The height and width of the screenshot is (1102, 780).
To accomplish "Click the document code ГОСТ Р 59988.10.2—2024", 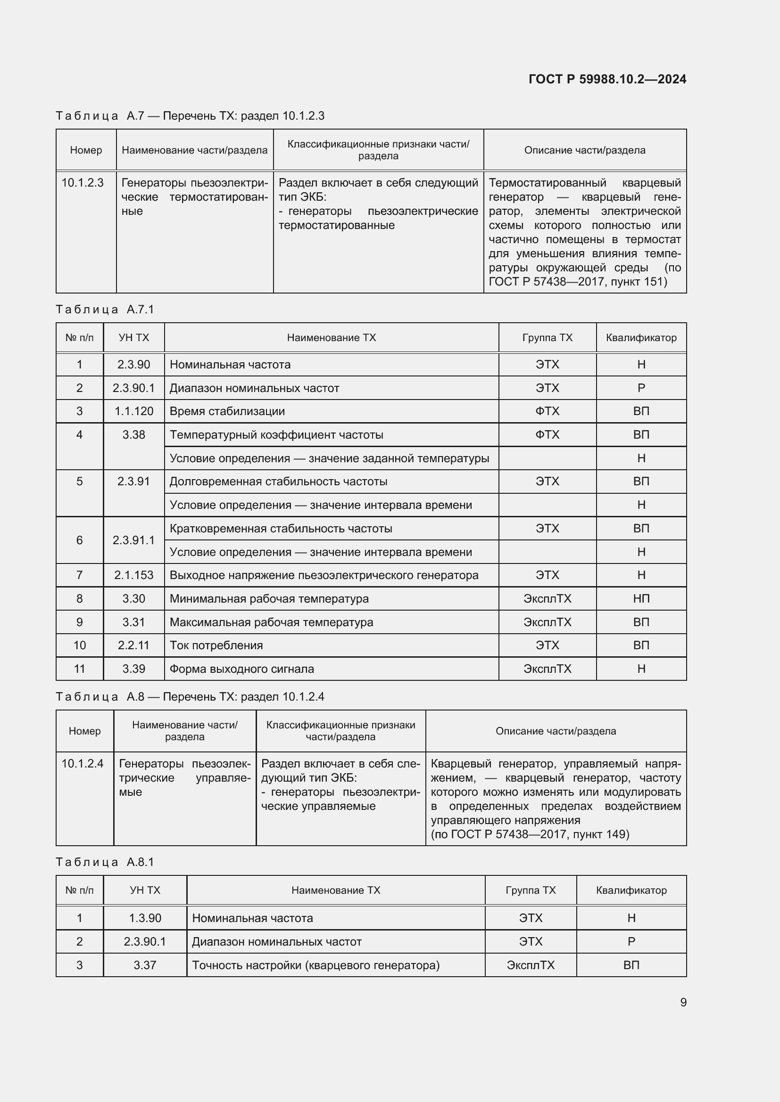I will pos(607,79).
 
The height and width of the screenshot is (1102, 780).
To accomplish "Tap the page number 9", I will pos(683,1002).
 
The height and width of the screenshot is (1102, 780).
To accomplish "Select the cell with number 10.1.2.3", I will pos(83,183).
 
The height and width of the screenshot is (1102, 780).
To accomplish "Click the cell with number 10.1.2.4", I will pos(83,763).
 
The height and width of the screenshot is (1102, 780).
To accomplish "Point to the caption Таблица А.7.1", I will pos(105,310).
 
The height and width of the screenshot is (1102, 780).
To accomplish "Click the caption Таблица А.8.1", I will pos(105,862).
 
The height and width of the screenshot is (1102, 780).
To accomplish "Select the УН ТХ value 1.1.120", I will pos(133,411).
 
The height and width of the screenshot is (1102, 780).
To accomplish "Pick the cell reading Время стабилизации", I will pos(227,411).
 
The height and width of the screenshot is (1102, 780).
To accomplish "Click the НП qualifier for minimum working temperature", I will pos(641,598).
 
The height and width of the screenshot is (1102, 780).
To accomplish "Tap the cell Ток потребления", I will pos(216,645).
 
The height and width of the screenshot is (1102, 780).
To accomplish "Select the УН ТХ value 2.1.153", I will pos(133,575).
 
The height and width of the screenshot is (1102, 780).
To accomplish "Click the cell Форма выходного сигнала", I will pos(241,669).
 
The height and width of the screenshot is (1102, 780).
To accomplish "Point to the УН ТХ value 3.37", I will pos(145,965).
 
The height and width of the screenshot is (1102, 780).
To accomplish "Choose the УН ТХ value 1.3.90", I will pos(145,918).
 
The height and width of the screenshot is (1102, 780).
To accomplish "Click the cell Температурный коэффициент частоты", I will pos(276,435).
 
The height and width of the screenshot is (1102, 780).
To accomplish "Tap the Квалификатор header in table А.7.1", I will pos(641,337).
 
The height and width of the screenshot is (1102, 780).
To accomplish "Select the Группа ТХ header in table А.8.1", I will pos(530,890).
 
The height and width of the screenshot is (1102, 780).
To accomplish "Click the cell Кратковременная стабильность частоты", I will pos(281,529).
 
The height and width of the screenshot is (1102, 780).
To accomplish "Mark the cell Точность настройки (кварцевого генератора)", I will pos(315,965).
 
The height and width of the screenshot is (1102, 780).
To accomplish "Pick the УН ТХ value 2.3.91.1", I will pos(133,540).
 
